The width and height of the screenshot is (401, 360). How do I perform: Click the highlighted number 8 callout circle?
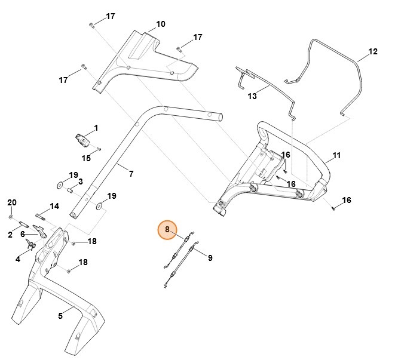(168, 229)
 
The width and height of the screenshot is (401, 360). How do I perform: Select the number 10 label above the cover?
(161, 24)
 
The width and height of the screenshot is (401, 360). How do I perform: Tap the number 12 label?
(372, 52)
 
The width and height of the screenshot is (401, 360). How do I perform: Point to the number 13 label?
(252, 96)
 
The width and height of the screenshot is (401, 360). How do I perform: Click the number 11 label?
(336, 155)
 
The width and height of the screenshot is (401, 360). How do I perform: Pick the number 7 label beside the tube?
(131, 174)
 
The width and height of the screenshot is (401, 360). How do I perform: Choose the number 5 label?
(60, 316)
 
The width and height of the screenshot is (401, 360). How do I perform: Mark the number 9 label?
(210, 258)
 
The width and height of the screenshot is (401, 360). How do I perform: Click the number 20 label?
(11, 202)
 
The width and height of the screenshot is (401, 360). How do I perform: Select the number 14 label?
(54, 207)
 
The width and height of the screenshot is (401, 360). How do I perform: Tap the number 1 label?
(96, 128)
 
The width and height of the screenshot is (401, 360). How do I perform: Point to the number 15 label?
(86, 158)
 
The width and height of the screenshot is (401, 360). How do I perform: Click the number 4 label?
(18, 259)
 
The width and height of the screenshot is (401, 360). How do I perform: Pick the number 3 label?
(79, 181)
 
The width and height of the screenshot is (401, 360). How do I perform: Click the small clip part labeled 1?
(82, 140)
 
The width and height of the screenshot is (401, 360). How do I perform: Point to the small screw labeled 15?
(99, 149)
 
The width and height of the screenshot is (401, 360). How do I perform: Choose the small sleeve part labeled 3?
(70, 192)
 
